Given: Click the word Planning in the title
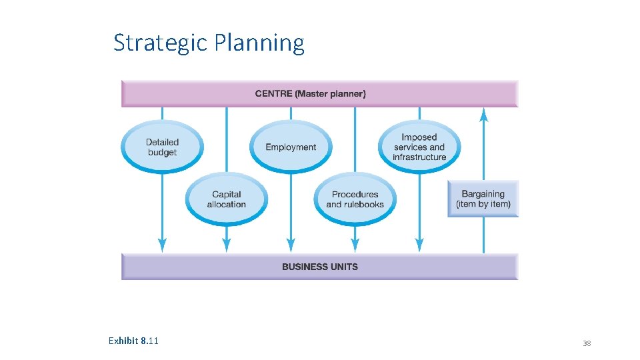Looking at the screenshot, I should click(260, 43).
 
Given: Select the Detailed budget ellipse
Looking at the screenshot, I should click(162, 147).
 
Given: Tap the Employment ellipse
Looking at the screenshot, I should click(291, 147).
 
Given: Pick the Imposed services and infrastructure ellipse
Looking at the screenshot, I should click(419, 147).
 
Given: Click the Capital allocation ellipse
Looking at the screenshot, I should click(227, 199).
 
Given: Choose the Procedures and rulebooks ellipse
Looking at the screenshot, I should click(355, 199).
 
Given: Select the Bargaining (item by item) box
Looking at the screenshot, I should click(483, 199).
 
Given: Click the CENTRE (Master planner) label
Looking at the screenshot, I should click(311, 94).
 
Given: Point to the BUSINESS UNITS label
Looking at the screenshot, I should click(320, 267).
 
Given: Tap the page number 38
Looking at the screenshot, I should click(587, 343).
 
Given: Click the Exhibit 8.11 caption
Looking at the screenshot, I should click(133, 341).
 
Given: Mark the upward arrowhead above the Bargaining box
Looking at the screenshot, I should click(484, 115).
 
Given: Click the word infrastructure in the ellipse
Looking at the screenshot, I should click(419, 157).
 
